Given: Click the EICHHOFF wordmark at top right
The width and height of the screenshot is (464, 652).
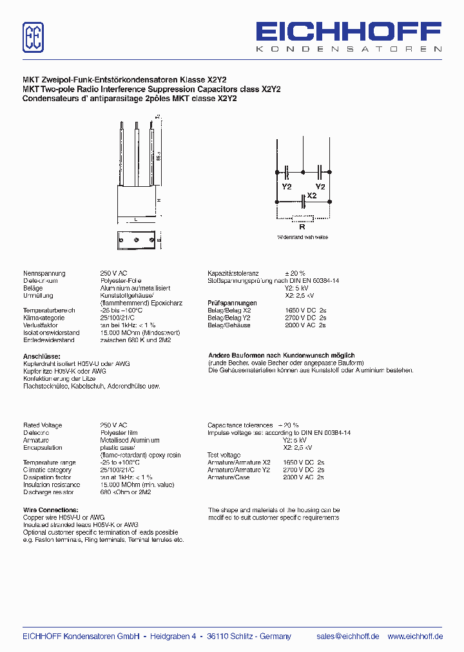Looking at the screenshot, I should [x=349, y=33].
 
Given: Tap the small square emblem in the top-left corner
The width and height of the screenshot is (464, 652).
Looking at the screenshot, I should [x=34, y=37].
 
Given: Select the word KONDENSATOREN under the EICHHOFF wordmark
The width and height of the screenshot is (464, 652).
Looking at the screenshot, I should [x=349, y=49].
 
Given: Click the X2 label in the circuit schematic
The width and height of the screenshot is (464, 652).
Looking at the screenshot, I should [x=312, y=195].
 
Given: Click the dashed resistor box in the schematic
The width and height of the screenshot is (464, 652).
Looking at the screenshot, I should [x=302, y=217].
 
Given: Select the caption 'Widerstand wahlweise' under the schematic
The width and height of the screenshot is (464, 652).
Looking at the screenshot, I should [x=302, y=237].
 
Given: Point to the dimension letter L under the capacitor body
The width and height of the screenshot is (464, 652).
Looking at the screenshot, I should [x=136, y=220].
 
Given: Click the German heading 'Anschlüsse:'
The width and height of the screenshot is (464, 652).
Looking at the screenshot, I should [x=42, y=356].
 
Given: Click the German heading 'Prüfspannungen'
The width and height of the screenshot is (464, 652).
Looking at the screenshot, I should [x=232, y=303].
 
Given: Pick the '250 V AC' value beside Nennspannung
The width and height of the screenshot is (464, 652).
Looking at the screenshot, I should [x=114, y=273].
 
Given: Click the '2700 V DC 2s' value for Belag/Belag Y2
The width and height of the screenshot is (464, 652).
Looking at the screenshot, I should [x=305, y=318].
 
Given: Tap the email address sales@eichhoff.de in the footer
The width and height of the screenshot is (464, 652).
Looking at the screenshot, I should [x=348, y=636].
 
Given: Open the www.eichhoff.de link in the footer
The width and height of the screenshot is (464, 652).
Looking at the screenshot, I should [x=415, y=636].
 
